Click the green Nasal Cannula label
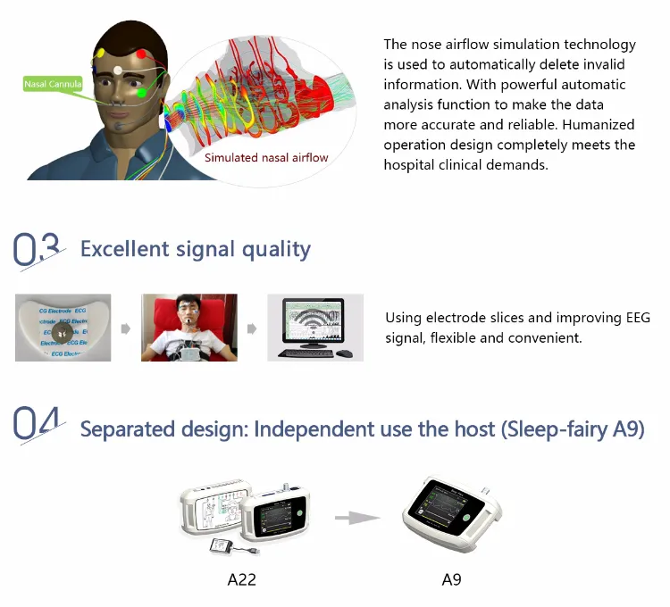click(x=54, y=84)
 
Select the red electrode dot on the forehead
click(x=141, y=54)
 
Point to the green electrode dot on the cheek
click(x=140, y=92)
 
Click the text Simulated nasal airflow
click(x=266, y=158)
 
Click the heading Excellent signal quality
click(x=195, y=248)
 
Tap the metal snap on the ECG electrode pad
click(x=62, y=330)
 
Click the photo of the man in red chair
click(x=188, y=328)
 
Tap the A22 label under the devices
click(x=241, y=579)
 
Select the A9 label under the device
click(x=451, y=579)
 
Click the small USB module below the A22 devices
click(x=222, y=546)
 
